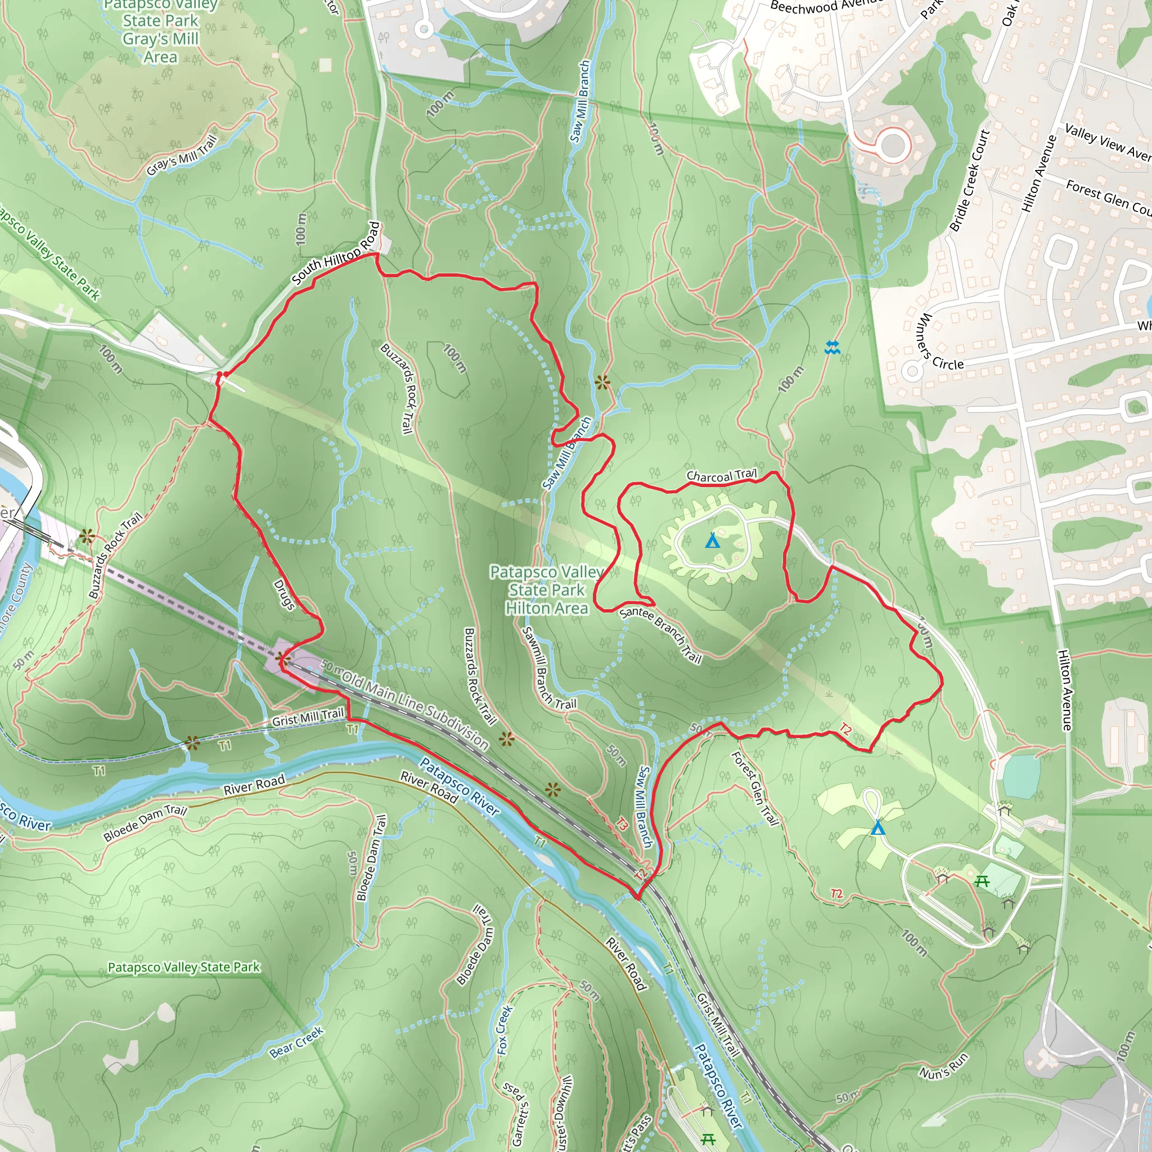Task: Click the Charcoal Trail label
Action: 721,476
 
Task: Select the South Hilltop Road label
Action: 336,254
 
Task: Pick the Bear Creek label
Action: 296,1042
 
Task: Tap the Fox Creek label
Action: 504,1030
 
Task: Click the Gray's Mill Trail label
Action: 181,156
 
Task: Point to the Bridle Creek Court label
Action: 970,181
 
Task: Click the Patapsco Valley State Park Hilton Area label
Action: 547,589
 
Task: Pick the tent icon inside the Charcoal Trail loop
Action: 712,541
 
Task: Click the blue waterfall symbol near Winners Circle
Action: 832,347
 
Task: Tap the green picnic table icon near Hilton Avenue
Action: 982,881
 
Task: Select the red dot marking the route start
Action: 220,375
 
